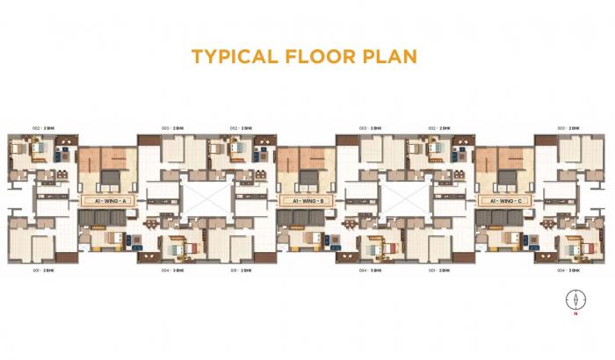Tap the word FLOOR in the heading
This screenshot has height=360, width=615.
(x=324, y=57)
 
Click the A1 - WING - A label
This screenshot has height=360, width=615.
(x=106, y=201)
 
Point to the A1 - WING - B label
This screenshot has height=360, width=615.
(x=305, y=201)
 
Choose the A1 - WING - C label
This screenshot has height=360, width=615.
(x=503, y=201)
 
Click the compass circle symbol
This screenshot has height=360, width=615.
(x=575, y=299)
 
